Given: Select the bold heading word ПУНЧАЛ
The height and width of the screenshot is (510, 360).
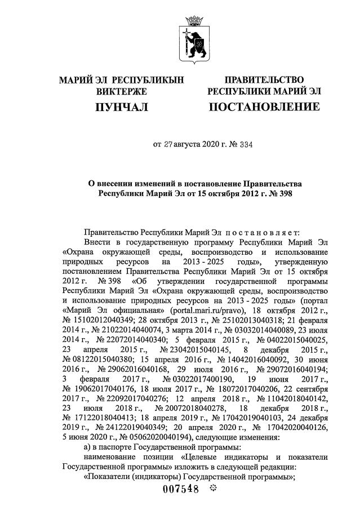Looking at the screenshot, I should click(121, 107).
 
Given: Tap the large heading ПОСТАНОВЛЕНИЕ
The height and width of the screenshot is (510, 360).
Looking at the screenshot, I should click(264, 107).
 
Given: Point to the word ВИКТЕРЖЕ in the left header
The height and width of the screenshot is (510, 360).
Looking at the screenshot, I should click(122, 91).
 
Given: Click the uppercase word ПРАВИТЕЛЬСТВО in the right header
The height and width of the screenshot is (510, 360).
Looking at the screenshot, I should click(264, 80).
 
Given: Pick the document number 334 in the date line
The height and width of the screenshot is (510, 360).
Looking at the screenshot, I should click(246, 144).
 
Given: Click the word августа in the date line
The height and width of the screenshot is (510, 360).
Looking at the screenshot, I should click(195, 144).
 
